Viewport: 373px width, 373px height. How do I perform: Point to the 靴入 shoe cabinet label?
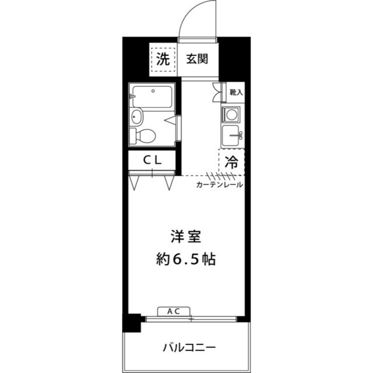click(235, 92)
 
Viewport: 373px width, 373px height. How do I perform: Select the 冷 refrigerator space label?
click(231, 163)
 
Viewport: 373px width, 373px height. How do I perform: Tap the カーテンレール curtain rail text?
click(219, 185)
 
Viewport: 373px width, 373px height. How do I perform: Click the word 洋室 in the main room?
click(186, 237)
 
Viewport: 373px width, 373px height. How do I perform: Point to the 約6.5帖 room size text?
click(186, 259)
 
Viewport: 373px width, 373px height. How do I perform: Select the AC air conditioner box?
click(174, 311)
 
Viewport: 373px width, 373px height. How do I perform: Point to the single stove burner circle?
click(231, 114)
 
